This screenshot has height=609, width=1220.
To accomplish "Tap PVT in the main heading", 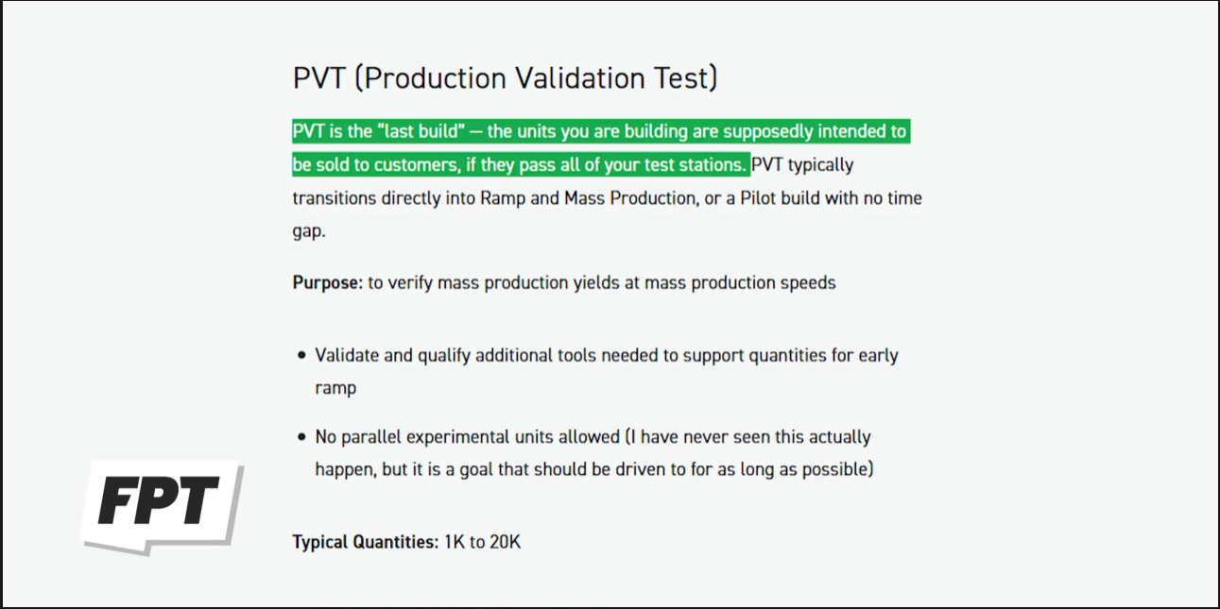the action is (x=318, y=77).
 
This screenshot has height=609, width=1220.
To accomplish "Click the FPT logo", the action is (x=162, y=507).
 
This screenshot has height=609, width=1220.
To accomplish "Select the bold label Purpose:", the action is (x=327, y=283).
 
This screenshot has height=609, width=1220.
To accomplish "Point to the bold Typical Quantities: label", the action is (x=365, y=542).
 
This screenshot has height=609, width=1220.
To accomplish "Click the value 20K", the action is (x=505, y=542).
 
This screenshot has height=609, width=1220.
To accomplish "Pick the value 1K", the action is (x=454, y=542).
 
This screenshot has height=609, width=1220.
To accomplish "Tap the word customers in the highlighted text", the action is (x=417, y=165).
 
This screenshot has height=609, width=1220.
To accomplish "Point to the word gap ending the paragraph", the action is (x=308, y=232).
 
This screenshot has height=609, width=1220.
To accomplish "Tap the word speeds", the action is (x=808, y=283).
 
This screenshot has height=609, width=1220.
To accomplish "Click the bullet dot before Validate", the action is (x=301, y=356).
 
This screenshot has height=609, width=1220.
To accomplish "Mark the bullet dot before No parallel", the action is (x=301, y=437).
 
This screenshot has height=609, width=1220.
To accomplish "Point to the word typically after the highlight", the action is (x=821, y=165).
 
